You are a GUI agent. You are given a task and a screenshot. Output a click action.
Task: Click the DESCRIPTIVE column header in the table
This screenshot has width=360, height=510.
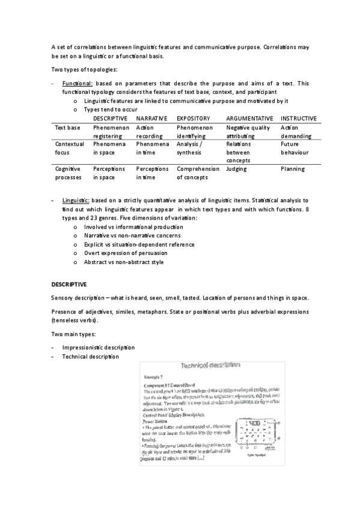click(110, 118)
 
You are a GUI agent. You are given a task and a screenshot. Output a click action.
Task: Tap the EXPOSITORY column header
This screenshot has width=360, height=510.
click(194, 118)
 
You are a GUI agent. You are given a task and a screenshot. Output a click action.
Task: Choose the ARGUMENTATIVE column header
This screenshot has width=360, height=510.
click(249, 118)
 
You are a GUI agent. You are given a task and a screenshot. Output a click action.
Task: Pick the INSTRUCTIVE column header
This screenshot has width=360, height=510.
click(299, 118)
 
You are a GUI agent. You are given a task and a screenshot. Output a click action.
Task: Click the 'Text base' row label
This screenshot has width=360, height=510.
click(67, 128)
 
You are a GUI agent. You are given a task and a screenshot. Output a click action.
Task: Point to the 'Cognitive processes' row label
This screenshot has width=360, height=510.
click(67, 174)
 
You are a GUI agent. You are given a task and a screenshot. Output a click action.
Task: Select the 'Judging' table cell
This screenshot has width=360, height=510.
click(236, 170)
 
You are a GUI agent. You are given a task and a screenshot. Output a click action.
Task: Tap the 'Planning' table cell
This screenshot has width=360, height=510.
click(293, 170)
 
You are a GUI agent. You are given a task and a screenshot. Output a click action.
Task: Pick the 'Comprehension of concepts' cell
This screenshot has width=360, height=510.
click(198, 174)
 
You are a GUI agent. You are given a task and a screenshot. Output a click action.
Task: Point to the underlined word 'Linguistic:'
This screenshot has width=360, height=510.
click(76, 200)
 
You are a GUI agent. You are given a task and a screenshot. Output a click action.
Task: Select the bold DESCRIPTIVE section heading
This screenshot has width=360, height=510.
click(69, 283)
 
